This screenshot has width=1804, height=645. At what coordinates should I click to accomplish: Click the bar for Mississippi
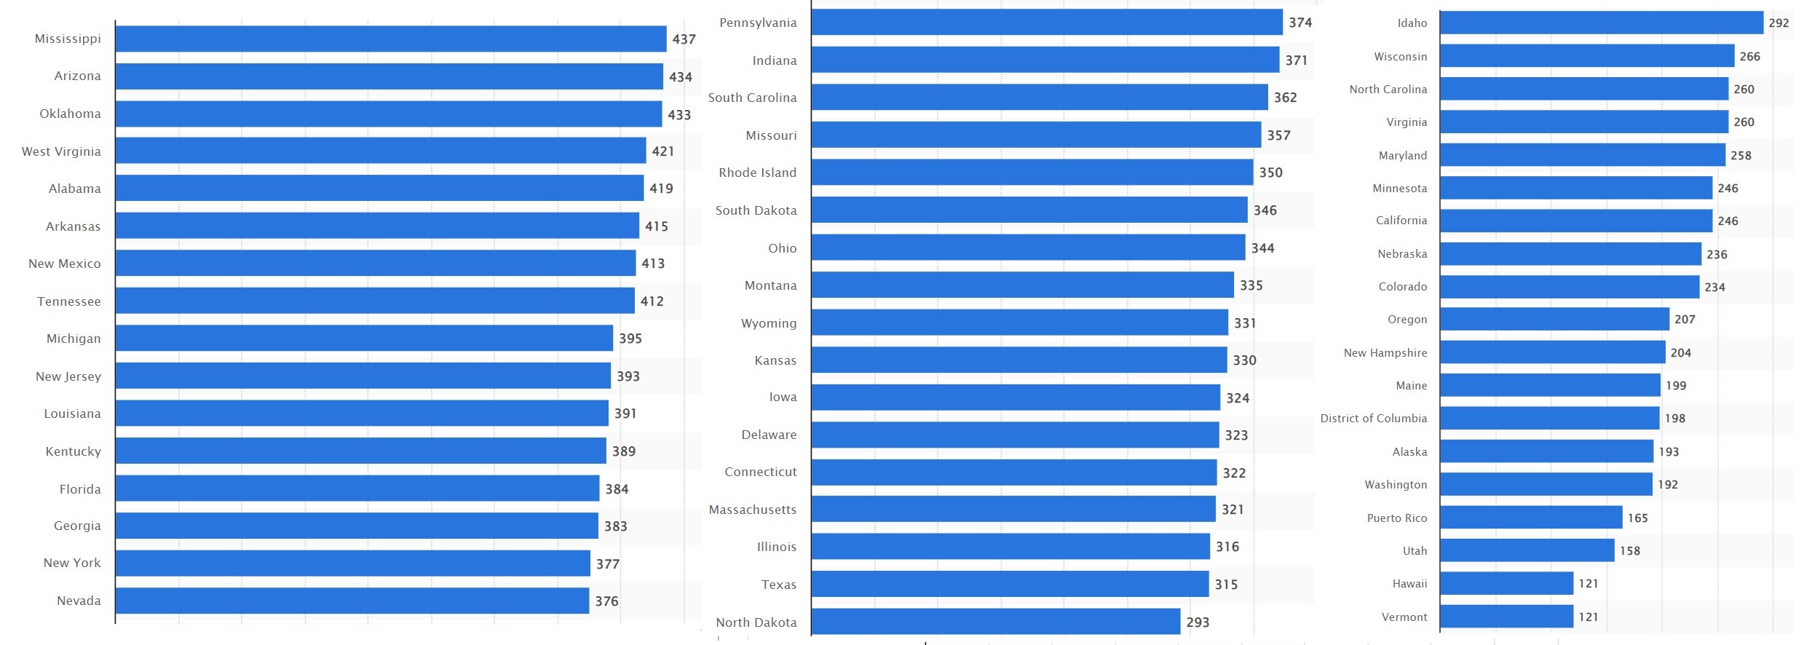point(391,39)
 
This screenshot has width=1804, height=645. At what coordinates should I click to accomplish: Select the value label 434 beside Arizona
point(681,77)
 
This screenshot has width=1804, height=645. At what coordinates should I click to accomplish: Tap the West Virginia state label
point(61,151)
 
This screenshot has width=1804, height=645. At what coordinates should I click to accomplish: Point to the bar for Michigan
point(364,339)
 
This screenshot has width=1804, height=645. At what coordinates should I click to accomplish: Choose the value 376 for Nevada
point(606,601)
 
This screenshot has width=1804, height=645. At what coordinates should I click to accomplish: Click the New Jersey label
point(68,376)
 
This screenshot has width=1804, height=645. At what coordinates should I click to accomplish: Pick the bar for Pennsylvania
point(1047,23)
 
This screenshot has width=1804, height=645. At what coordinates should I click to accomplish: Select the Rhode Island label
point(757,173)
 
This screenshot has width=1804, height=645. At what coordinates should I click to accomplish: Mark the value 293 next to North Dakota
point(1198,622)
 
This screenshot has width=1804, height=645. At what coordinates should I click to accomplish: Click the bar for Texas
point(1010,585)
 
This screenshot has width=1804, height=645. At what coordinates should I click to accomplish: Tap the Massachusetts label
point(752,510)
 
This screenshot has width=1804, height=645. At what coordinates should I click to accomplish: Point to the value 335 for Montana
point(1251,285)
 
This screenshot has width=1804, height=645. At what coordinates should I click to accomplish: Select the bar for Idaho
point(1602,23)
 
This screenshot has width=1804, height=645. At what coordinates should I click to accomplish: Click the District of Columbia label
point(1374,419)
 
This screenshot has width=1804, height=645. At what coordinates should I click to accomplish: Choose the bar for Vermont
point(1506,617)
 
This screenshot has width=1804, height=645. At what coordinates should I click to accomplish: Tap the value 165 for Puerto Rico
point(1637,518)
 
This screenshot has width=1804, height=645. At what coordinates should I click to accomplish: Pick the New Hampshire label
point(1385,353)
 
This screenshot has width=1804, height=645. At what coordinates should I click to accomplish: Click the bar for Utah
point(1527,550)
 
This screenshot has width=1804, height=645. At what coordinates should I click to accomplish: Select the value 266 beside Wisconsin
point(1749,57)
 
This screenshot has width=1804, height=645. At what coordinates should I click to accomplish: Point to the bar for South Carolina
point(1040,98)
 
